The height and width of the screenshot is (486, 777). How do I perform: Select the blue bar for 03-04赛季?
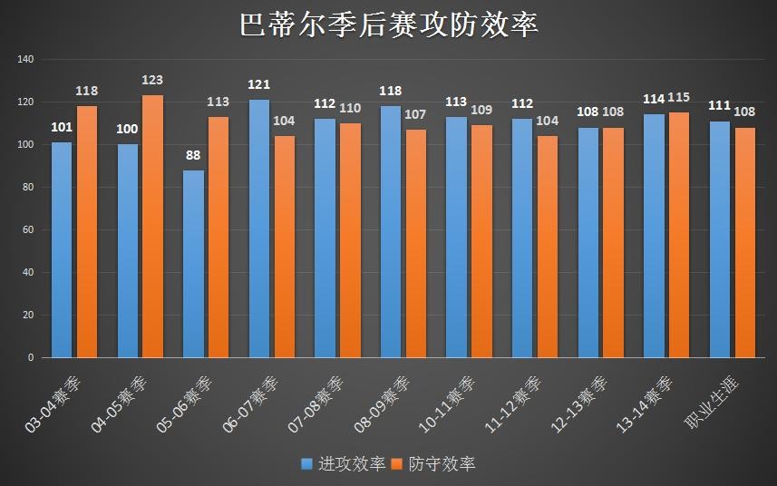(x=62, y=249)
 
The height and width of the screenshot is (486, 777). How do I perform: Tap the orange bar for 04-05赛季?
(x=152, y=227)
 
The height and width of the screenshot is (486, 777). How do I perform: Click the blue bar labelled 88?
(x=193, y=264)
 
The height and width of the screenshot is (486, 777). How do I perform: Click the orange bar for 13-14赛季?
(x=679, y=235)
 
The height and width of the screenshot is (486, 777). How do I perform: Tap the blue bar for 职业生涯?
(x=720, y=239)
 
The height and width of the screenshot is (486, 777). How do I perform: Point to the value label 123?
(x=152, y=81)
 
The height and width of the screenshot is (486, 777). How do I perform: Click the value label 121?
(x=259, y=85)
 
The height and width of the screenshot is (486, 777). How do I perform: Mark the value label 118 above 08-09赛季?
(x=391, y=92)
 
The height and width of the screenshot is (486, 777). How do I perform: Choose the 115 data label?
(x=679, y=98)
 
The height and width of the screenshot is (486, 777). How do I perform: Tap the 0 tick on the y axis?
(x=31, y=358)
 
